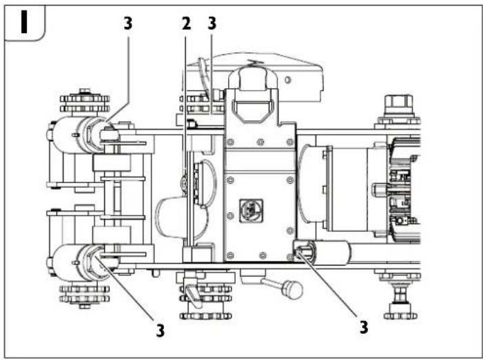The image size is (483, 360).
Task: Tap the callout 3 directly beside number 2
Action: pyautogui.click(x=212, y=23)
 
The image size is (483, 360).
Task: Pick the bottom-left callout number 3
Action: pyautogui.click(x=160, y=330)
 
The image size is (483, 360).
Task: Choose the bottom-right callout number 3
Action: pyautogui.click(x=363, y=327)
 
